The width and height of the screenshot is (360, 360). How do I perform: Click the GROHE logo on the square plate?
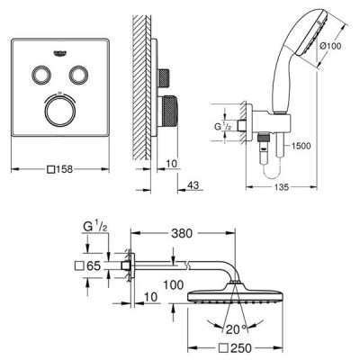[x=59, y=53]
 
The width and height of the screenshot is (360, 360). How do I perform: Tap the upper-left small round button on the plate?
[x=40, y=74]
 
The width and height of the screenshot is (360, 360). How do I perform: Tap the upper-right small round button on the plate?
[x=78, y=74]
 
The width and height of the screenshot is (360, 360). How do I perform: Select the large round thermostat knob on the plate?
[x=59, y=110]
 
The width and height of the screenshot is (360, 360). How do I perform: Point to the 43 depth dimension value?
[x=193, y=185]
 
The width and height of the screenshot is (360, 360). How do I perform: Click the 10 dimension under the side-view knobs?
[x=171, y=164]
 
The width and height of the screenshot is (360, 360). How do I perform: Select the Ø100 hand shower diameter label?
[x=330, y=46]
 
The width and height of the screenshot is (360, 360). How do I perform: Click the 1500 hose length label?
[x=301, y=146]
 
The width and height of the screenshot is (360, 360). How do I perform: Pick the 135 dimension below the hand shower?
[x=282, y=187]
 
